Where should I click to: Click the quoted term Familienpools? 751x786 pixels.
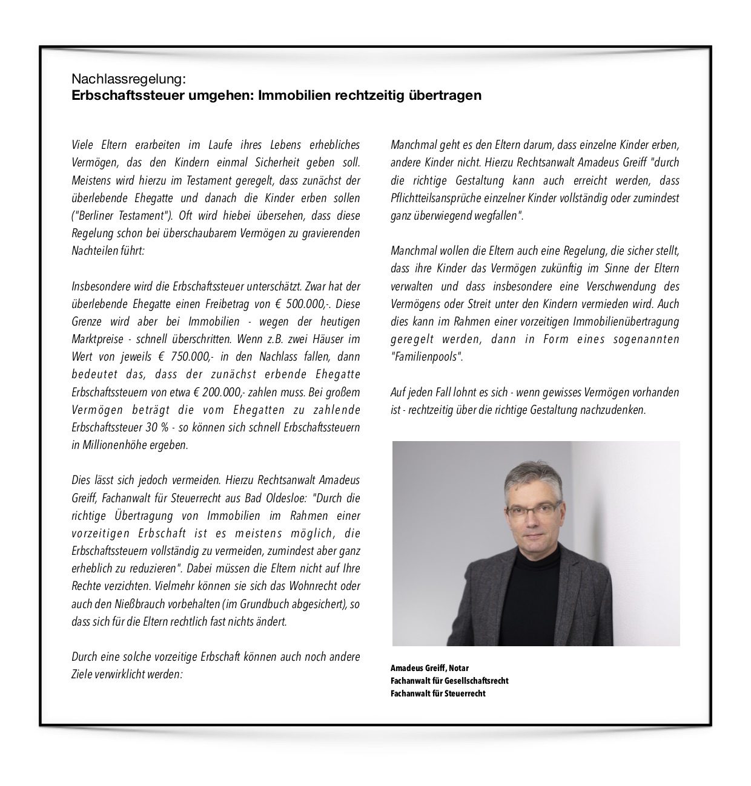pos(426,357)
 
